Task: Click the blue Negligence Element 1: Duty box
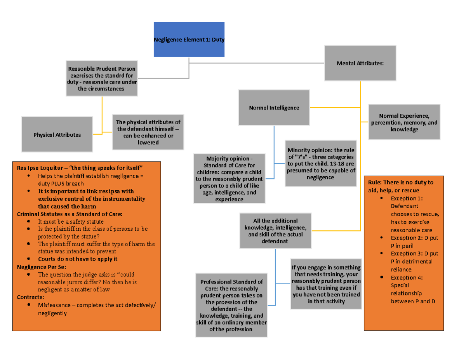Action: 189,39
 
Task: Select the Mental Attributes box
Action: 360,63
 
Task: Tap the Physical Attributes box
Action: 57,135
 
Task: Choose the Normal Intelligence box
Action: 274,108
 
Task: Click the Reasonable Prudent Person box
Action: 102,78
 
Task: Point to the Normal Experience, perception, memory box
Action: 404,122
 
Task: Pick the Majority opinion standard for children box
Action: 229,178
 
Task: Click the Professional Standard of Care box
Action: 231,306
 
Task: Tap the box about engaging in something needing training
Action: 326,284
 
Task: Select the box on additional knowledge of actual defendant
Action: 275,231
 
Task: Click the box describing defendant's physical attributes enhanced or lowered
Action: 148,132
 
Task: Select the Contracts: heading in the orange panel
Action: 31,297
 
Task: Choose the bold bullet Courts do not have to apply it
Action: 77,259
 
